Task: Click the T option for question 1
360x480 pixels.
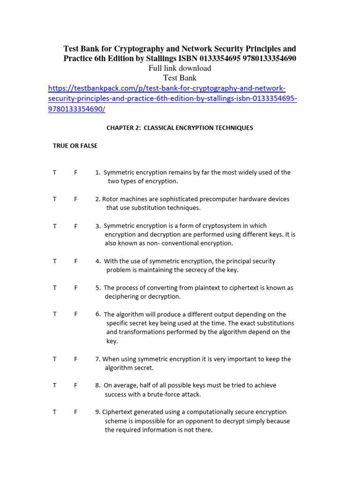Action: (x=55, y=172)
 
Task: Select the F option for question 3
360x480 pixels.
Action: (x=75, y=226)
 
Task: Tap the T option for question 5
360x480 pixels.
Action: (x=55, y=288)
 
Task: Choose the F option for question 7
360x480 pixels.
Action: (x=75, y=359)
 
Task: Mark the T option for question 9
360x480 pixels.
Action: (x=55, y=412)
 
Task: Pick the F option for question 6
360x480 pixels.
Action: (x=75, y=315)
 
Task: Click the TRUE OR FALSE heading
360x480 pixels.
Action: (x=75, y=146)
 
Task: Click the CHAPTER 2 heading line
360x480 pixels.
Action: (x=180, y=127)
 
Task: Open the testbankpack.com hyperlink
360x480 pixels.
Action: (x=172, y=99)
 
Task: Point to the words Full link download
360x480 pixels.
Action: (x=180, y=68)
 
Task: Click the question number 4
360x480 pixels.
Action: (x=97, y=261)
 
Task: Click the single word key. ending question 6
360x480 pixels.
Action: (x=112, y=341)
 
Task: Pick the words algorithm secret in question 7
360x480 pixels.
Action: (x=129, y=368)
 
